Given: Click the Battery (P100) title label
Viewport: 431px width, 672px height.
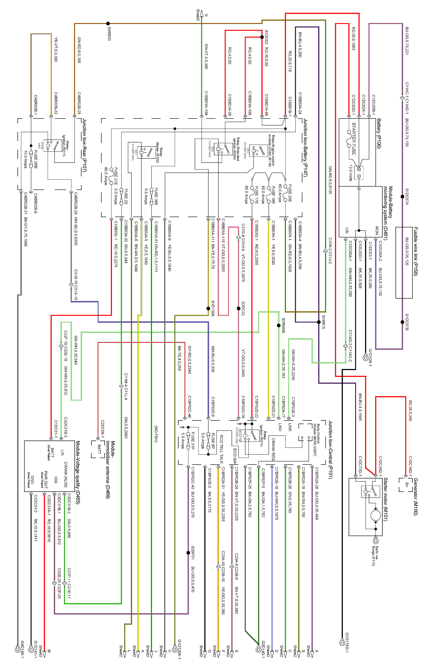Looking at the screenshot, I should point(379,133).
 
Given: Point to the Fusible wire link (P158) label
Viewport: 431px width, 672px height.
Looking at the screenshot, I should point(416,251).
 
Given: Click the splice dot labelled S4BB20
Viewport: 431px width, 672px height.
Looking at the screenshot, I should point(108,24).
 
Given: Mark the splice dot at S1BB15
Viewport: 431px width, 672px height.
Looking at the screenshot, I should point(319,322).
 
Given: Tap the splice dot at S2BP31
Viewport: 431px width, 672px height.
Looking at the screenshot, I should point(188,553).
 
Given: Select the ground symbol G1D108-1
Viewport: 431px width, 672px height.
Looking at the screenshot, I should point(365,358).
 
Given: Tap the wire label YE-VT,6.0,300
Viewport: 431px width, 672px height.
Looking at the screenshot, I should point(56,49).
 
